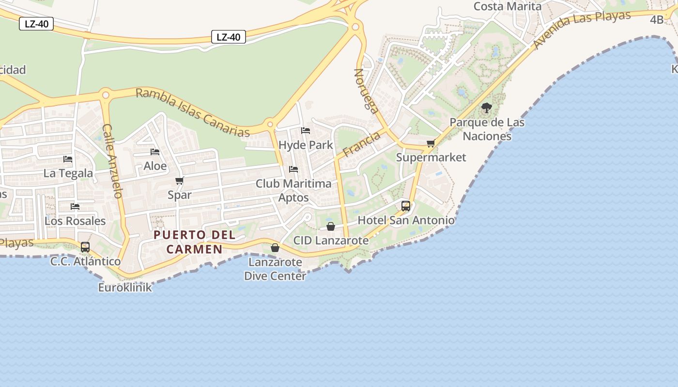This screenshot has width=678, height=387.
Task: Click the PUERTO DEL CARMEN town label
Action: [x=194, y=242]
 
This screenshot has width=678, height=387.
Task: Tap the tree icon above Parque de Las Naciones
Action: [x=487, y=108]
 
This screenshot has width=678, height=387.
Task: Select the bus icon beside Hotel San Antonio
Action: [x=406, y=206]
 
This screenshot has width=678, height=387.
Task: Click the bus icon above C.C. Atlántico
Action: [x=85, y=247]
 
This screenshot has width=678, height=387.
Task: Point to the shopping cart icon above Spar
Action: [x=180, y=181]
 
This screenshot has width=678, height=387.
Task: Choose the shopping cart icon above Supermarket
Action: [x=431, y=143]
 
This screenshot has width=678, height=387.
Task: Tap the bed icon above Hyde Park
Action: [x=306, y=131]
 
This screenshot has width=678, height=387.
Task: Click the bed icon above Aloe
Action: [x=155, y=152]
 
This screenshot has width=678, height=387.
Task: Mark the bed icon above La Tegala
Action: [x=68, y=159]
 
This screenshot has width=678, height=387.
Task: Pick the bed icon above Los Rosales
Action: [x=75, y=207]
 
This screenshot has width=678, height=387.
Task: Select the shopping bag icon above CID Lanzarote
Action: [x=331, y=226]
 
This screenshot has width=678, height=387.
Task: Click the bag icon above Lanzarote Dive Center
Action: [x=275, y=248]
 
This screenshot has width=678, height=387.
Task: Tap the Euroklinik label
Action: [x=125, y=287]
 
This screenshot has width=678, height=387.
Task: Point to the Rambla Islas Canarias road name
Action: [x=193, y=112]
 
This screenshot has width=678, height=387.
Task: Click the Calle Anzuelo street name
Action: [x=112, y=161]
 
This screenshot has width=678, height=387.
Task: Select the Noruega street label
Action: [x=366, y=91]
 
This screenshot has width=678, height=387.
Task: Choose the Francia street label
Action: [x=361, y=145]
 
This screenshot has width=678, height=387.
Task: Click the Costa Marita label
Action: [x=508, y=6]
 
